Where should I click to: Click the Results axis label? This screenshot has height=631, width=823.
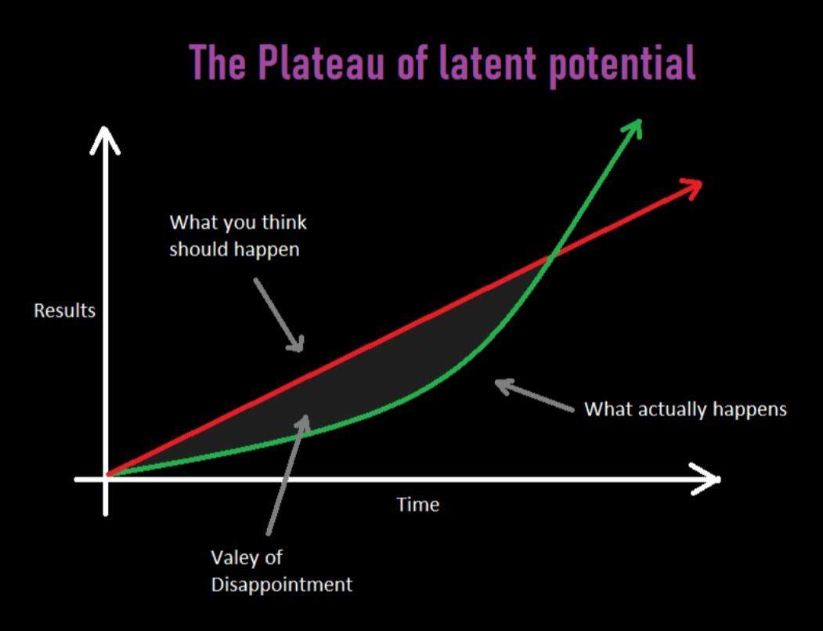click(x=64, y=310)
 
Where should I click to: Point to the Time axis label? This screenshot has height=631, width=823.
click(x=418, y=504)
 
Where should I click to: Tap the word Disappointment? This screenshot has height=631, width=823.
click(x=282, y=585)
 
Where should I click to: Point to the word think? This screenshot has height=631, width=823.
click(x=284, y=222)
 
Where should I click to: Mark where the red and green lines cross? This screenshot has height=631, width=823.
click(x=550, y=257)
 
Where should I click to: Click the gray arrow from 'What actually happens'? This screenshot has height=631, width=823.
click(x=534, y=395)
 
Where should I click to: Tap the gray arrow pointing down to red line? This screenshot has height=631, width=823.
click(x=279, y=314)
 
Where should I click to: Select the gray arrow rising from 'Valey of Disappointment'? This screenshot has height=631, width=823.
click(x=288, y=474)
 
